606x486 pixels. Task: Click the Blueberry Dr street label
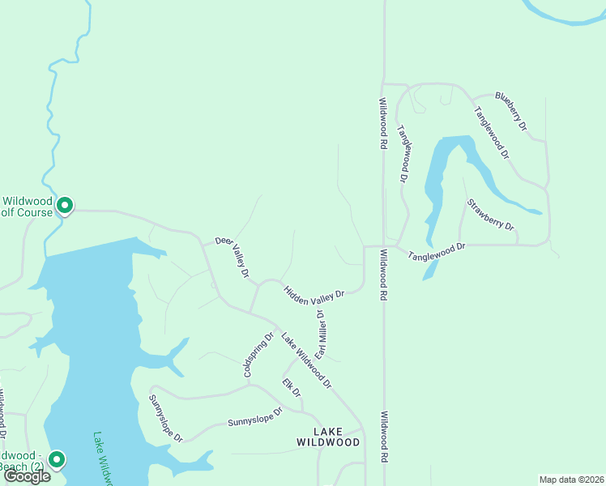pyautogui.click(x=511, y=112)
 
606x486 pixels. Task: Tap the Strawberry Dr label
pyautogui.click(x=491, y=215)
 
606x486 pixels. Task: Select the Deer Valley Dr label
pyautogui.click(x=232, y=257)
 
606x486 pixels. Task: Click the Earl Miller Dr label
pyautogui.click(x=320, y=334)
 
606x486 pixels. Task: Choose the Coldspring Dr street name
pyautogui.click(x=259, y=354)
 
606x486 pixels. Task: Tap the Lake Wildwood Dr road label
pyautogui.click(x=306, y=359)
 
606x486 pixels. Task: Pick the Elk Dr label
pyautogui.click(x=291, y=387)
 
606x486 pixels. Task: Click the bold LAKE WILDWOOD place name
pyautogui.click(x=328, y=437)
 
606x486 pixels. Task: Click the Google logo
pyautogui.click(x=27, y=476)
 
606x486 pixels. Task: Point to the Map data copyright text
pyautogui.click(x=572, y=480)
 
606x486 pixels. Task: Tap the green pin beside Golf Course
pyautogui.click(x=65, y=207)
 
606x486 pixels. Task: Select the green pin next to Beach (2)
pyautogui.click(x=56, y=460)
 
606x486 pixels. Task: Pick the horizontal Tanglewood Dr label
pyautogui.click(x=437, y=252)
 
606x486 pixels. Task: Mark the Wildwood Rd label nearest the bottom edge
pyautogui.click(x=384, y=437)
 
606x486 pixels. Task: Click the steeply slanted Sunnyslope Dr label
pyautogui.click(x=165, y=418)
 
